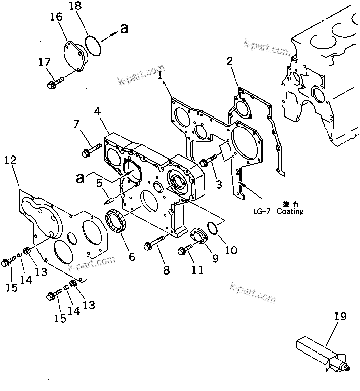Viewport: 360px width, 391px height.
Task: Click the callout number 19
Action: click(340, 317)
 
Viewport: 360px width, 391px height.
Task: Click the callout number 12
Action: click(10, 161)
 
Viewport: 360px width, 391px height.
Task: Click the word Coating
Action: click(290, 211)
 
